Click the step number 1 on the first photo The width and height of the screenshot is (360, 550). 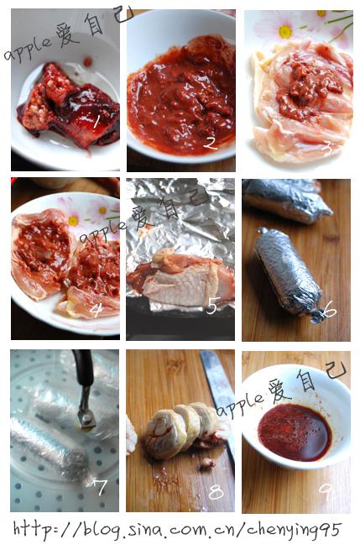pyautogui.click(x=97, y=123)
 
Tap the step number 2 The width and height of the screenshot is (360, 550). pyautogui.click(x=210, y=143)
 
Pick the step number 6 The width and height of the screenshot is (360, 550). pyautogui.click(x=328, y=311)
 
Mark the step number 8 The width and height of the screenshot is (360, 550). pyautogui.click(x=216, y=492)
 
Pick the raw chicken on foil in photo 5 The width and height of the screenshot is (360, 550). pyautogui.click(x=176, y=286)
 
